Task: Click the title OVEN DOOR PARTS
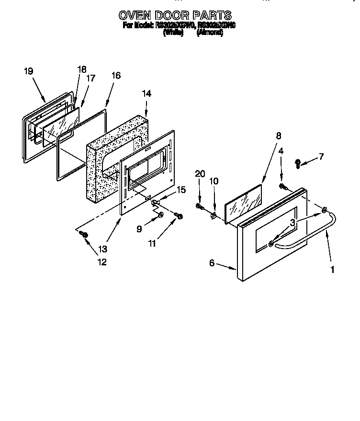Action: [x=175, y=15]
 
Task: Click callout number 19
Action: [x=28, y=71]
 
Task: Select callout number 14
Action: [x=146, y=94]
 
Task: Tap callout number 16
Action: [x=116, y=75]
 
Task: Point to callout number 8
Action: [x=278, y=136]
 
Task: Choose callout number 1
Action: [x=332, y=270]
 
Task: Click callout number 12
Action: [x=101, y=262]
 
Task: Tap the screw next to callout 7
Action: [x=298, y=164]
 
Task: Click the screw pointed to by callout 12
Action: [x=84, y=234]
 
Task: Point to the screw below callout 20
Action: [x=199, y=206]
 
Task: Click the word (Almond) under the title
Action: [x=210, y=33]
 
